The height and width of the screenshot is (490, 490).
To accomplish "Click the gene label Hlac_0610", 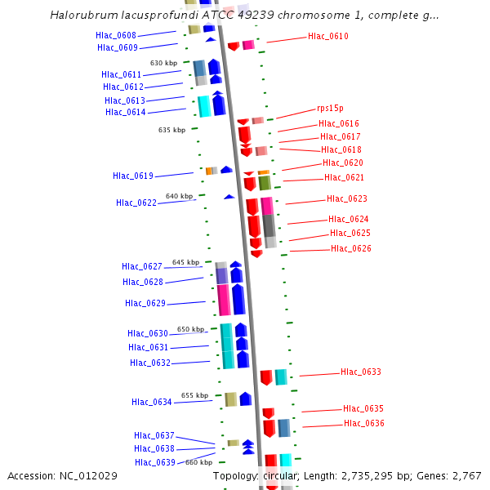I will [x=328, y=36].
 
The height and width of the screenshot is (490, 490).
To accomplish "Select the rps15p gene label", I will [x=330, y=108].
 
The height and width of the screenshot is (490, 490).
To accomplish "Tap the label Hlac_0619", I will [x=133, y=176].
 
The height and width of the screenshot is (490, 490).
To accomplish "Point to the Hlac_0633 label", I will [x=361, y=372].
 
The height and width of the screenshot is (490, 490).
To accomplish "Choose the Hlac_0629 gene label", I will [x=145, y=303].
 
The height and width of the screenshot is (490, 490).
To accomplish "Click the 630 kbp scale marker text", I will [x=163, y=63].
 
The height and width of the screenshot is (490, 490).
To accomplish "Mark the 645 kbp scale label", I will [x=185, y=262].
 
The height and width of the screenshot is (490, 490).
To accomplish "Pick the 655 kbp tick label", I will [x=194, y=395].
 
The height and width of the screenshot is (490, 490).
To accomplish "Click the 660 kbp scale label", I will [x=198, y=462].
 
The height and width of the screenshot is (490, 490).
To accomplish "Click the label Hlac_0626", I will [x=351, y=248].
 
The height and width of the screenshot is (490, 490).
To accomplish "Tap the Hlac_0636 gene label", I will [x=364, y=423].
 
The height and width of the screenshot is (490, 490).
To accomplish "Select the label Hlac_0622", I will [x=136, y=203].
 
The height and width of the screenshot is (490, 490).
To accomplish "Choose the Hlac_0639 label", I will [x=155, y=462].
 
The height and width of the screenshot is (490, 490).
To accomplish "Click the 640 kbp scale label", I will [x=179, y=196].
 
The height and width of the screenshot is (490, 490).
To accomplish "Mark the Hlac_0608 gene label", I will [x=116, y=35].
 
